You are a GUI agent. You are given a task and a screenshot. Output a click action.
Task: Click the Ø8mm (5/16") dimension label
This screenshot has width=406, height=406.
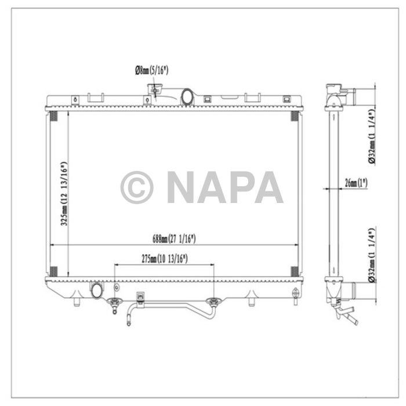pos(153,71)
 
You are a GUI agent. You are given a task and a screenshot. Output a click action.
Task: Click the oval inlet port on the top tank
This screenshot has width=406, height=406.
pos(188,97)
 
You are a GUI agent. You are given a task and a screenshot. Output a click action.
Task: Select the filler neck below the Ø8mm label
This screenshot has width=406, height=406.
pos(154,92)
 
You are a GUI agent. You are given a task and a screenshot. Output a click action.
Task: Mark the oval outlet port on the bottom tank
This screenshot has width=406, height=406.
pos(96,289)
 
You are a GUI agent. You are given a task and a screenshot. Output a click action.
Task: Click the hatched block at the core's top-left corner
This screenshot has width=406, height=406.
pos(53,116)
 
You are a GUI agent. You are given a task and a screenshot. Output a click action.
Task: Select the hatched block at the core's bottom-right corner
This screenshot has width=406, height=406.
pos(294,271)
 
